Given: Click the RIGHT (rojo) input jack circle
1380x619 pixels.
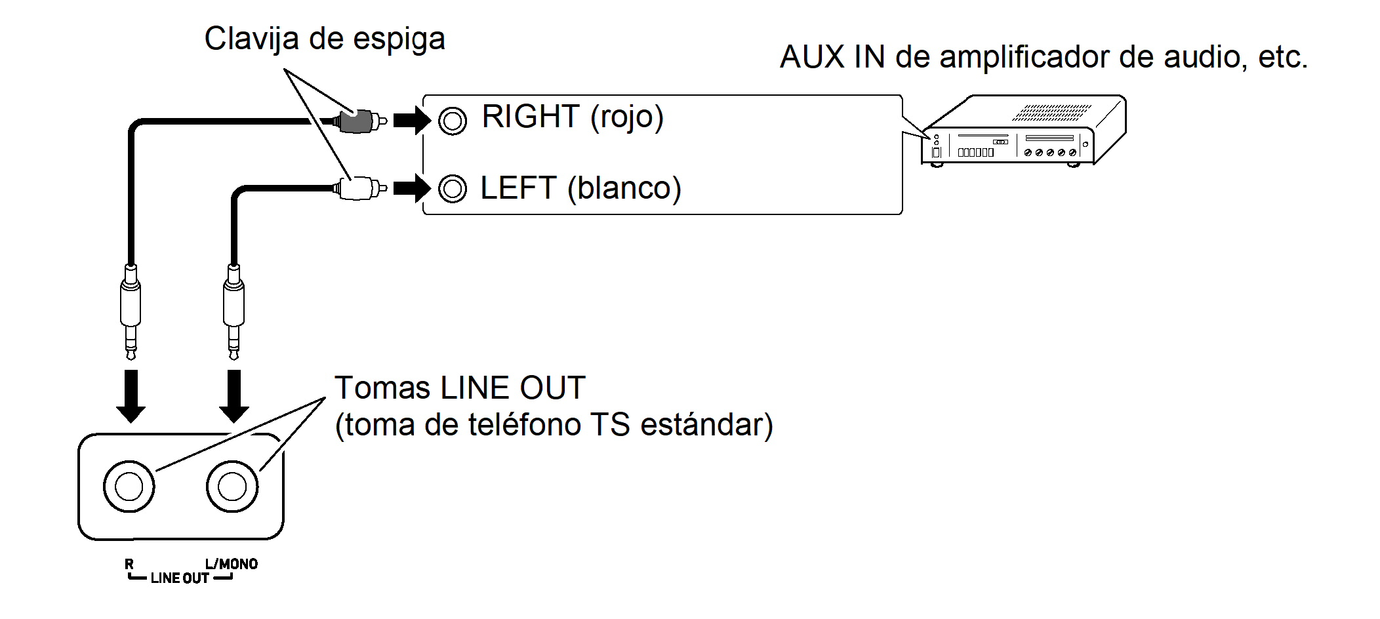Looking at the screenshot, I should coord(453,121).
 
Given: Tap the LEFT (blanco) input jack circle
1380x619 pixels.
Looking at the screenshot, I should coord(453,189).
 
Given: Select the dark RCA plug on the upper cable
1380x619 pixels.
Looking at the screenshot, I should coord(358,121).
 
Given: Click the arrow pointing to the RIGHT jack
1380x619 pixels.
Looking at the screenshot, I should coord(411,121).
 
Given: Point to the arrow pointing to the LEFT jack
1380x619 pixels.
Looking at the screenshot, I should coord(411,189).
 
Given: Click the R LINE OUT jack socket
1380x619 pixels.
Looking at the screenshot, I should coord(129,487).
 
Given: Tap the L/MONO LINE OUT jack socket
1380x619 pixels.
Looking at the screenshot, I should coord(232,487).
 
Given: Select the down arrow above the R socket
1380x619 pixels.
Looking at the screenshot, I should coord(131,396).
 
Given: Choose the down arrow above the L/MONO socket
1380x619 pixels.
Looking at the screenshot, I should coord(234,396).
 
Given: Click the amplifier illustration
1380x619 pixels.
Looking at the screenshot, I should coord(1023,131).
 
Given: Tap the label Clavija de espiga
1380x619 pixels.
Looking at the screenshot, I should coord(325,39).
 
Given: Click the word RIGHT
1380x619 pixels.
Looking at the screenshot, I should coord(531,117).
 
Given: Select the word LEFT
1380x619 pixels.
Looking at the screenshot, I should coord(518,189).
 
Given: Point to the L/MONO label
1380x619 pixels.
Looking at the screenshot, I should coord(232,564).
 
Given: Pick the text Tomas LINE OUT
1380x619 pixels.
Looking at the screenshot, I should coord(459,388).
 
